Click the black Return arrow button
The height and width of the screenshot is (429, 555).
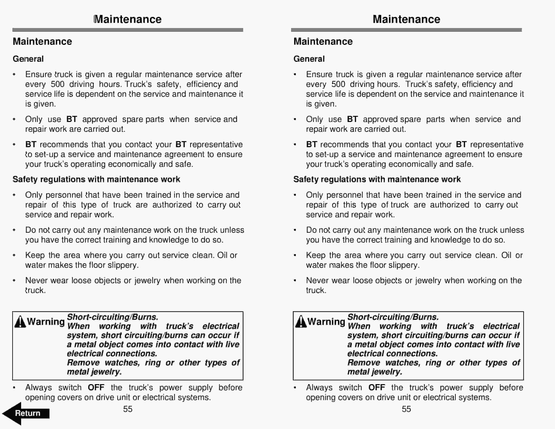pyautogui.click(x=25, y=413)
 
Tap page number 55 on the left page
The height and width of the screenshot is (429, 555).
pyautogui.click(x=128, y=409)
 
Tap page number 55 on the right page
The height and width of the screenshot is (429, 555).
pyautogui.click(x=406, y=409)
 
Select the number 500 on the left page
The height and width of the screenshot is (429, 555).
pyautogui.click(x=57, y=84)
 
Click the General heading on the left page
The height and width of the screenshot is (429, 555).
pyautogui.click(x=28, y=59)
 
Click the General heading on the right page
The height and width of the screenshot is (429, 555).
pyautogui.click(x=309, y=59)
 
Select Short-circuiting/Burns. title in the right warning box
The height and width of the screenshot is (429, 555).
pyautogui.click(x=393, y=317)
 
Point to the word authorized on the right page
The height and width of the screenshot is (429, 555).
pyautogui.click(x=450, y=205)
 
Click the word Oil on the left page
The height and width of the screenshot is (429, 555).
pyautogui.click(x=222, y=255)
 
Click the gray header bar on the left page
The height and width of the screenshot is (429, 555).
pyautogui.click(x=128, y=30)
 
